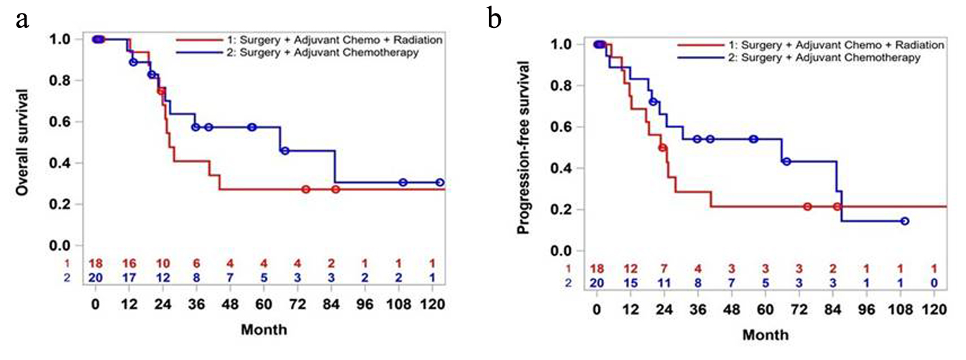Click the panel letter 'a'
point(22,20)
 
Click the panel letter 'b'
point(494,20)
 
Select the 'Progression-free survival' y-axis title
point(524,147)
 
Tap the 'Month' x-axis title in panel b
point(766,335)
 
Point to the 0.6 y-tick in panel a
point(67,122)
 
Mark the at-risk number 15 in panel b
point(631,282)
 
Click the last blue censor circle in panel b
point(904,221)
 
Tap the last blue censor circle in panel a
point(440,183)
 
